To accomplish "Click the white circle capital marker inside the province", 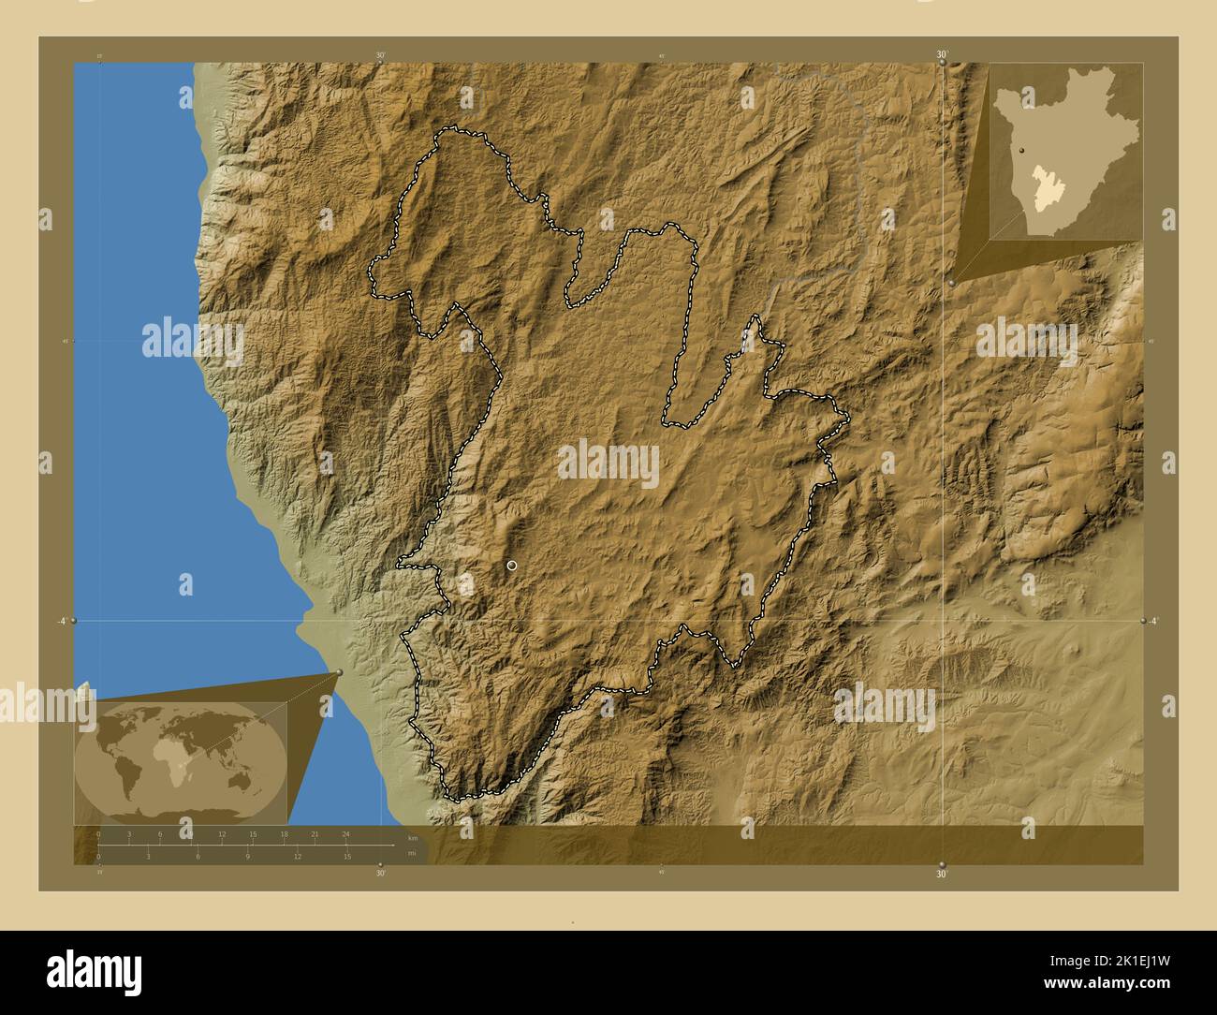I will [x=512, y=566].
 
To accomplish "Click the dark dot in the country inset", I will [x=1022, y=149].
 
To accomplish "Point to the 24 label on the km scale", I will [x=345, y=833].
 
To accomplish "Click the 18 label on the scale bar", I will [x=284, y=833].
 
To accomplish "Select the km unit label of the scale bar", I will [x=413, y=837].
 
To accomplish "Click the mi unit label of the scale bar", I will [x=412, y=853].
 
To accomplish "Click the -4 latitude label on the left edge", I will [x=61, y=621].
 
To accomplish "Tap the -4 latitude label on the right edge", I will [x=1153, y=621].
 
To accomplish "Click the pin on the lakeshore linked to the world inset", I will [x=338, y=672].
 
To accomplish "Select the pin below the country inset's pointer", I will [x=951, y=282].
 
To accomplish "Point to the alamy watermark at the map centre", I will [x=608, y=463].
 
